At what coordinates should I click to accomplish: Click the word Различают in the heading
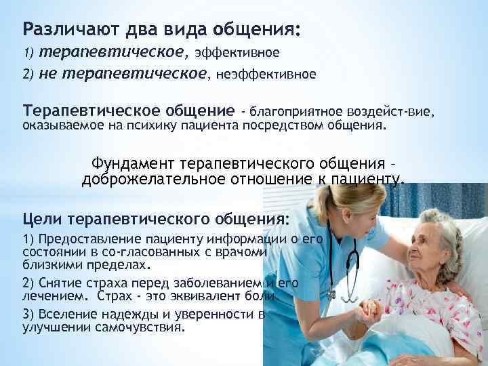coord(59,30)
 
